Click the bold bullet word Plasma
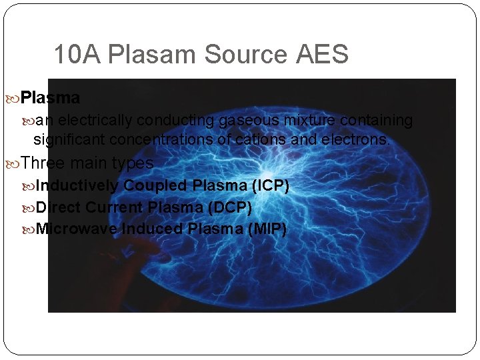[51, 98]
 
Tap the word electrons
[355, 140]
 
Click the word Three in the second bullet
[43, 163]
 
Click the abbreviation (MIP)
[267, 229]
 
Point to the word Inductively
[77, 185]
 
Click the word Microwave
[77, 229]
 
